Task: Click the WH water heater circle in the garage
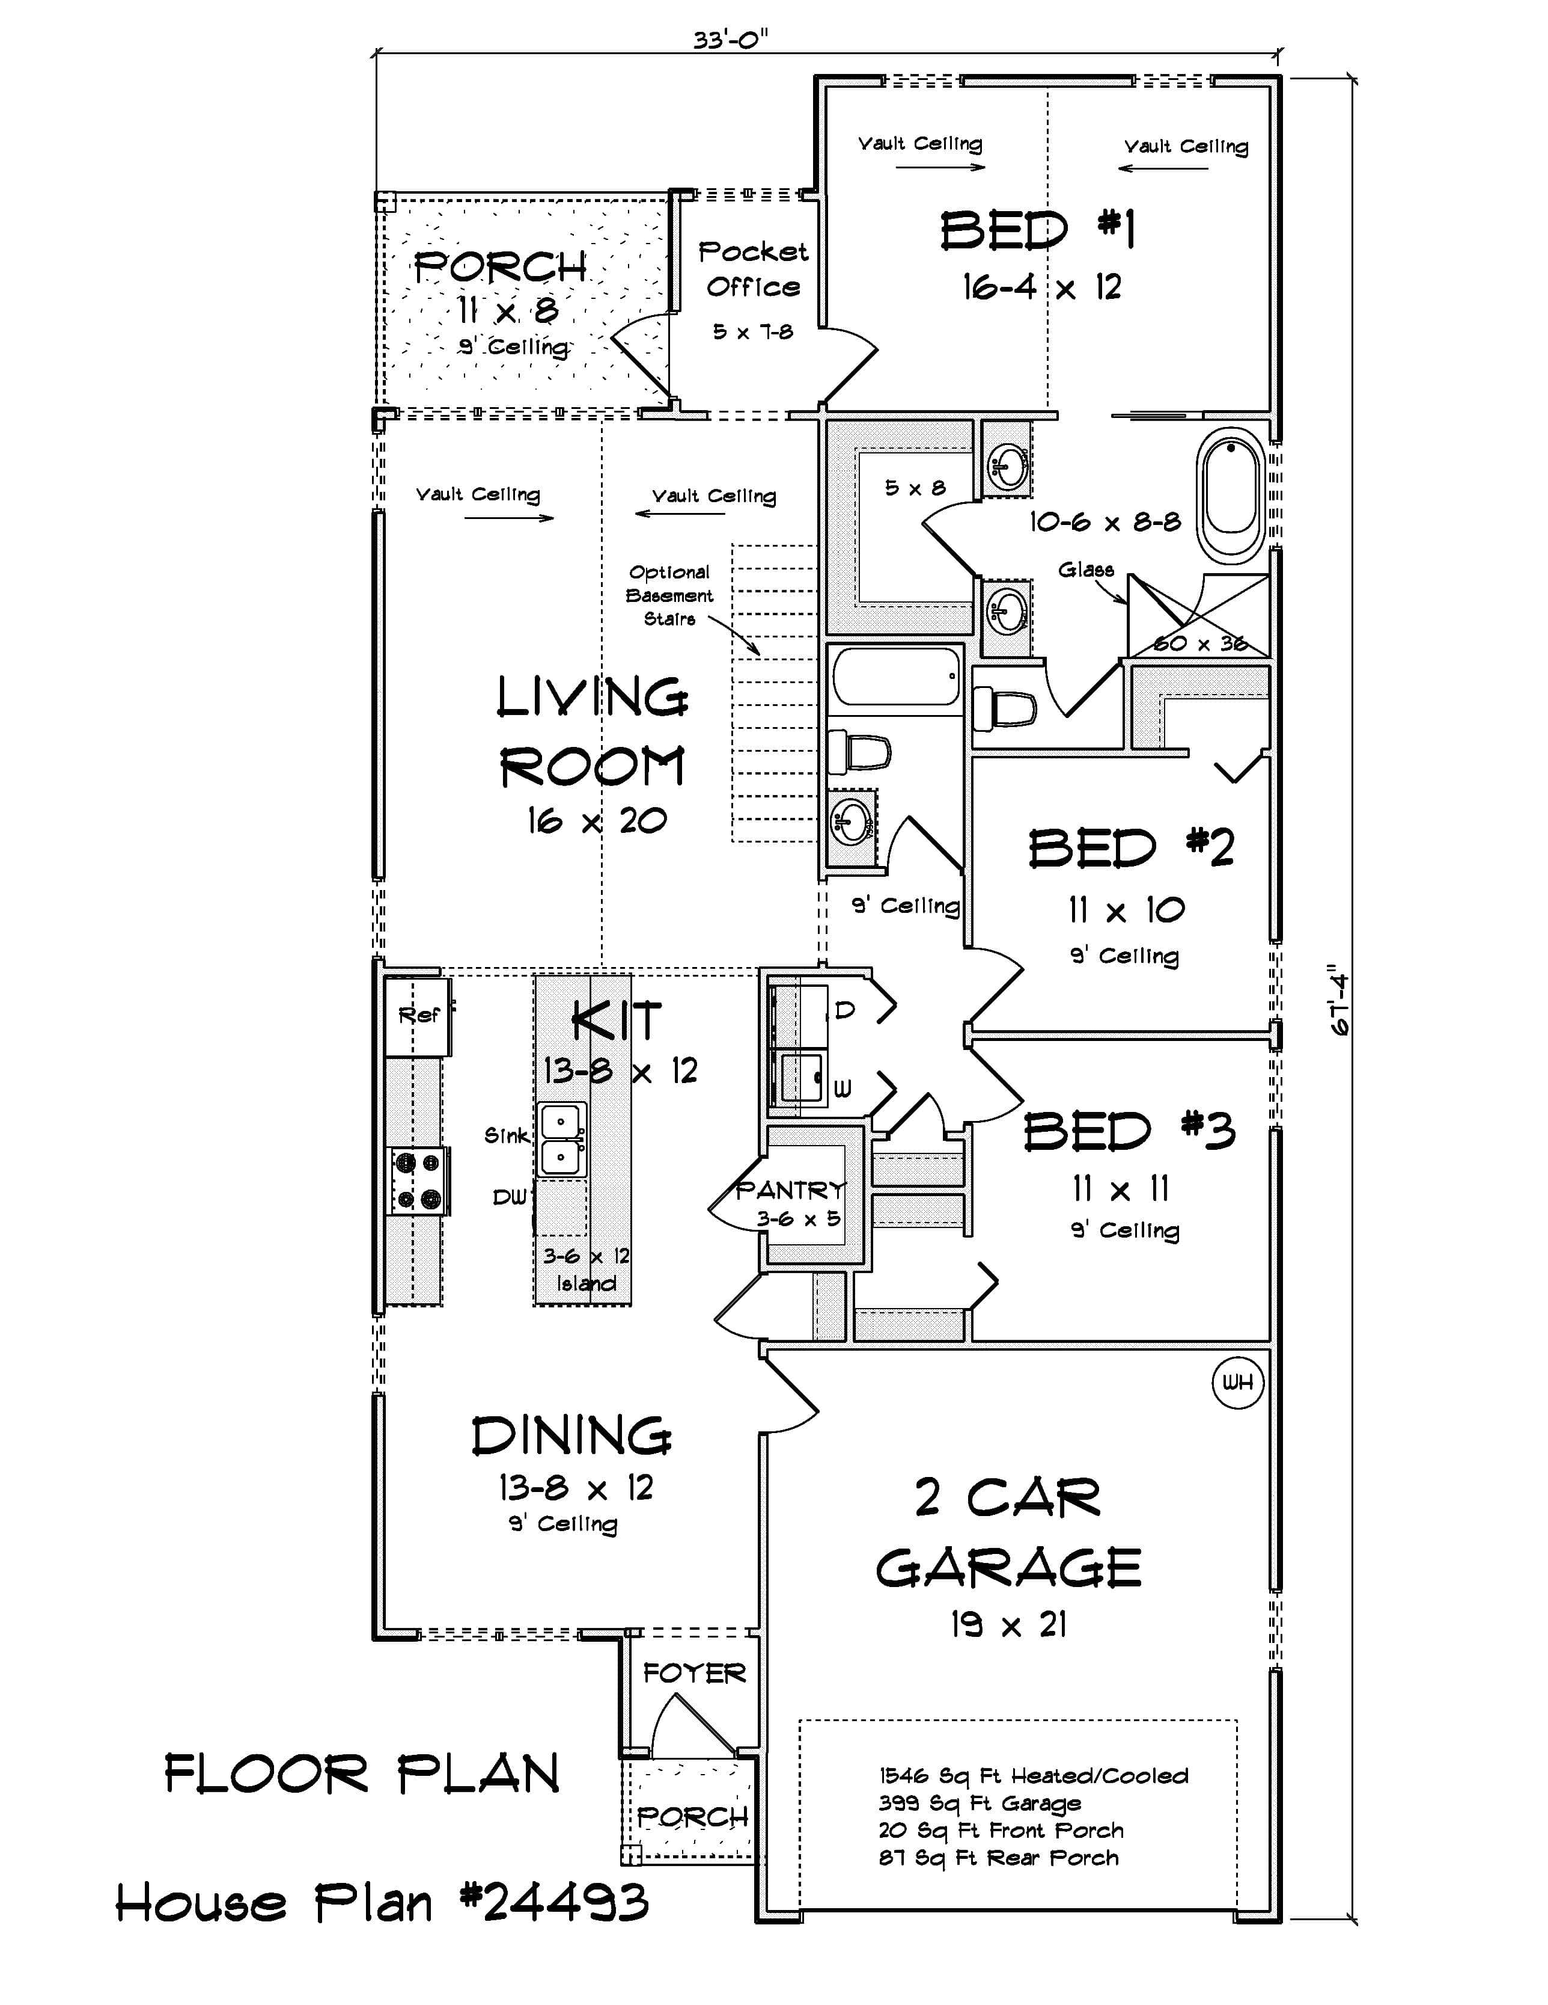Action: coord(1237,1381)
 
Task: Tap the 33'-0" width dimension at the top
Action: coord(730,40)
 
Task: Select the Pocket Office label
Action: coord(752,268)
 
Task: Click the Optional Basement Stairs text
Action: coord(669,595)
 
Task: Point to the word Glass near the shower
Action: coord(1085,570)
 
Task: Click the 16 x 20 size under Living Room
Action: coord(597,821)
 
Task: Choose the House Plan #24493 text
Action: coord(382,1903)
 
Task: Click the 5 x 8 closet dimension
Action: coord(914,488)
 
